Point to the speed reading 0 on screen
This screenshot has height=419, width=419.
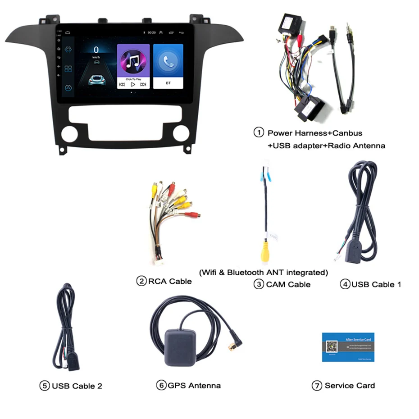(x=96, y=50)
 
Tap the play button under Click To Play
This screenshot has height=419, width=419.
(x=133, y=84)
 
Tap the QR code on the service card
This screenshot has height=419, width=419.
(x=332, y=346)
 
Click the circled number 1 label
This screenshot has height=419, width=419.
(x=258, y=132)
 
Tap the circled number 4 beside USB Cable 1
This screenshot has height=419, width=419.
(x=345, y=284)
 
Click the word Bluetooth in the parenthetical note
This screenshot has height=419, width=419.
(x=246, y=272)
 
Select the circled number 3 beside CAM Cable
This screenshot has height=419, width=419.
(x=258, y=284)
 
